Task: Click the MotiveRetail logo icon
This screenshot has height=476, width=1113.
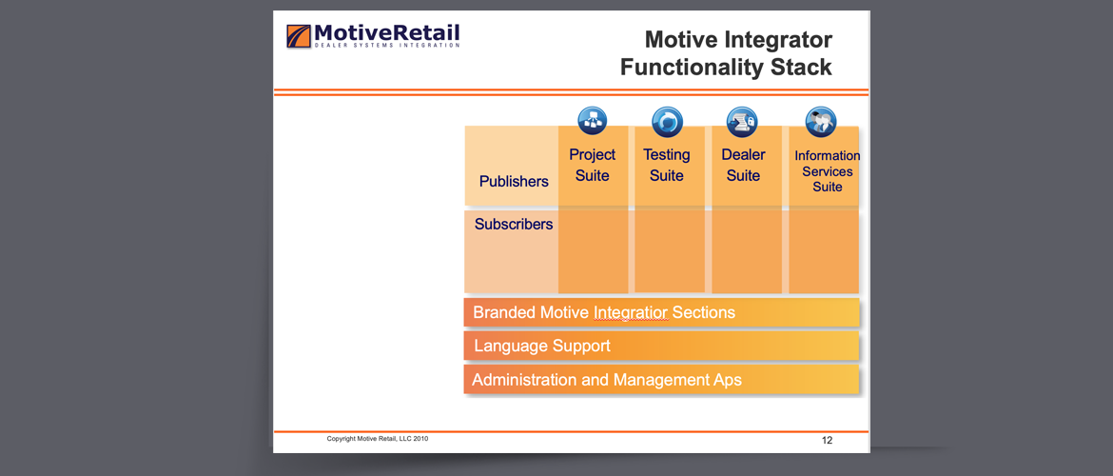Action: pyautogui.click(x=299, y=36)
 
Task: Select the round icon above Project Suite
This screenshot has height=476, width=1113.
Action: pyautogui.click(x=593, y=122)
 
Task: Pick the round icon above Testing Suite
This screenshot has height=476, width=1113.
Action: pyautogui.click(x=667, y=122)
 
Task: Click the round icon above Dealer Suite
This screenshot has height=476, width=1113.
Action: pyautogui.click(x=742, y=122)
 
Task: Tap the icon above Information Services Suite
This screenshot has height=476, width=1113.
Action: pyautogui.click(x=821, y=122)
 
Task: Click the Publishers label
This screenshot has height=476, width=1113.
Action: pyautogui.click(x=514, y=181)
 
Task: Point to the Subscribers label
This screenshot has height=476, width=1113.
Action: pyautogui.click(x=514, y=225)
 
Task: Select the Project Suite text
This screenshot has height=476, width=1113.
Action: pyautogui.click(x=593, y=165)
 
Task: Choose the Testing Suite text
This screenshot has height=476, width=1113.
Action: pyautogui.click(x=667, y=165)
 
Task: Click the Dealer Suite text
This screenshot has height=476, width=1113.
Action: pyautogui.click(x=743, y=165)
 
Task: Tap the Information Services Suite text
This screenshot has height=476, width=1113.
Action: pyautogui.click(x=827, y=171)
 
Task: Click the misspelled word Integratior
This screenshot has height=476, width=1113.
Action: pyautogui.click(x=631, y=312)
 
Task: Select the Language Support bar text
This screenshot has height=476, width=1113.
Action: pyautogui.click(x=542, y=346)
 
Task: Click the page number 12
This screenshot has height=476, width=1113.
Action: pyautogui.click(x=827, y=441)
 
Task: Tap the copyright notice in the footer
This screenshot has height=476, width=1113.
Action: pyautogui.click(x=378, y=439)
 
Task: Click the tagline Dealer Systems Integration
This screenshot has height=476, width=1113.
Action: pyautogui.click(x=387, y=46)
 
